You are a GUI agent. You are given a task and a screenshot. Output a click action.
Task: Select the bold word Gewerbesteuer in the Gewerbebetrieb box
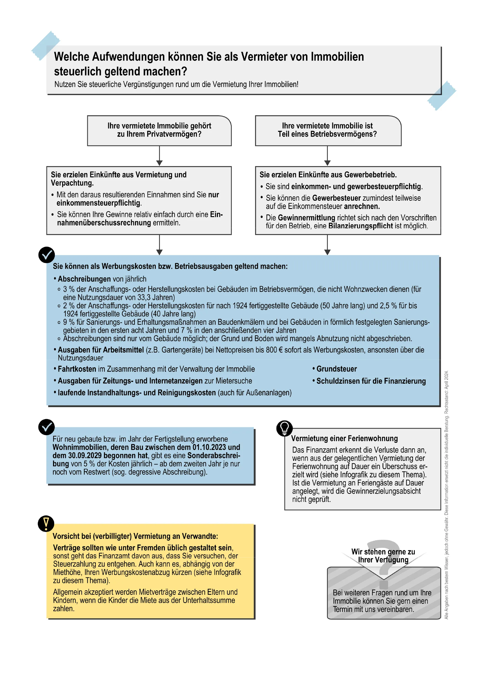[x=336, y=198]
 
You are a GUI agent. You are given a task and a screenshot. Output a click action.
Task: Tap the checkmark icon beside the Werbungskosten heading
[x=47, y=255]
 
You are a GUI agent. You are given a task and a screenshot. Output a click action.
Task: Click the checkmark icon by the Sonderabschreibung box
[x=47, y=427]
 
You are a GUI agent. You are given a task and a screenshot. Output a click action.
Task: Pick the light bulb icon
[x=284, y=428]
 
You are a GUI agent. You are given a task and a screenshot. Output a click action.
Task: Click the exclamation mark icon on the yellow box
[x=46, y=524]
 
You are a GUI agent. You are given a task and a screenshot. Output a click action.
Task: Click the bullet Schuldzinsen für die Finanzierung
[x=370, y=381]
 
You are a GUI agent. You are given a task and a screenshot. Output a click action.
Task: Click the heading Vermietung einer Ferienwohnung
[x=344, y=438]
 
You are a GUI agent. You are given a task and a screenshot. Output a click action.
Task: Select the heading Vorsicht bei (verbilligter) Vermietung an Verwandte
[x=135, y=536]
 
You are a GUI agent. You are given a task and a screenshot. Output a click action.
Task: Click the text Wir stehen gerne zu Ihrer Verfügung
[x=383, y=556]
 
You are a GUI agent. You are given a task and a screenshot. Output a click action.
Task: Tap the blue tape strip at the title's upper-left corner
[x=46, y=45]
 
